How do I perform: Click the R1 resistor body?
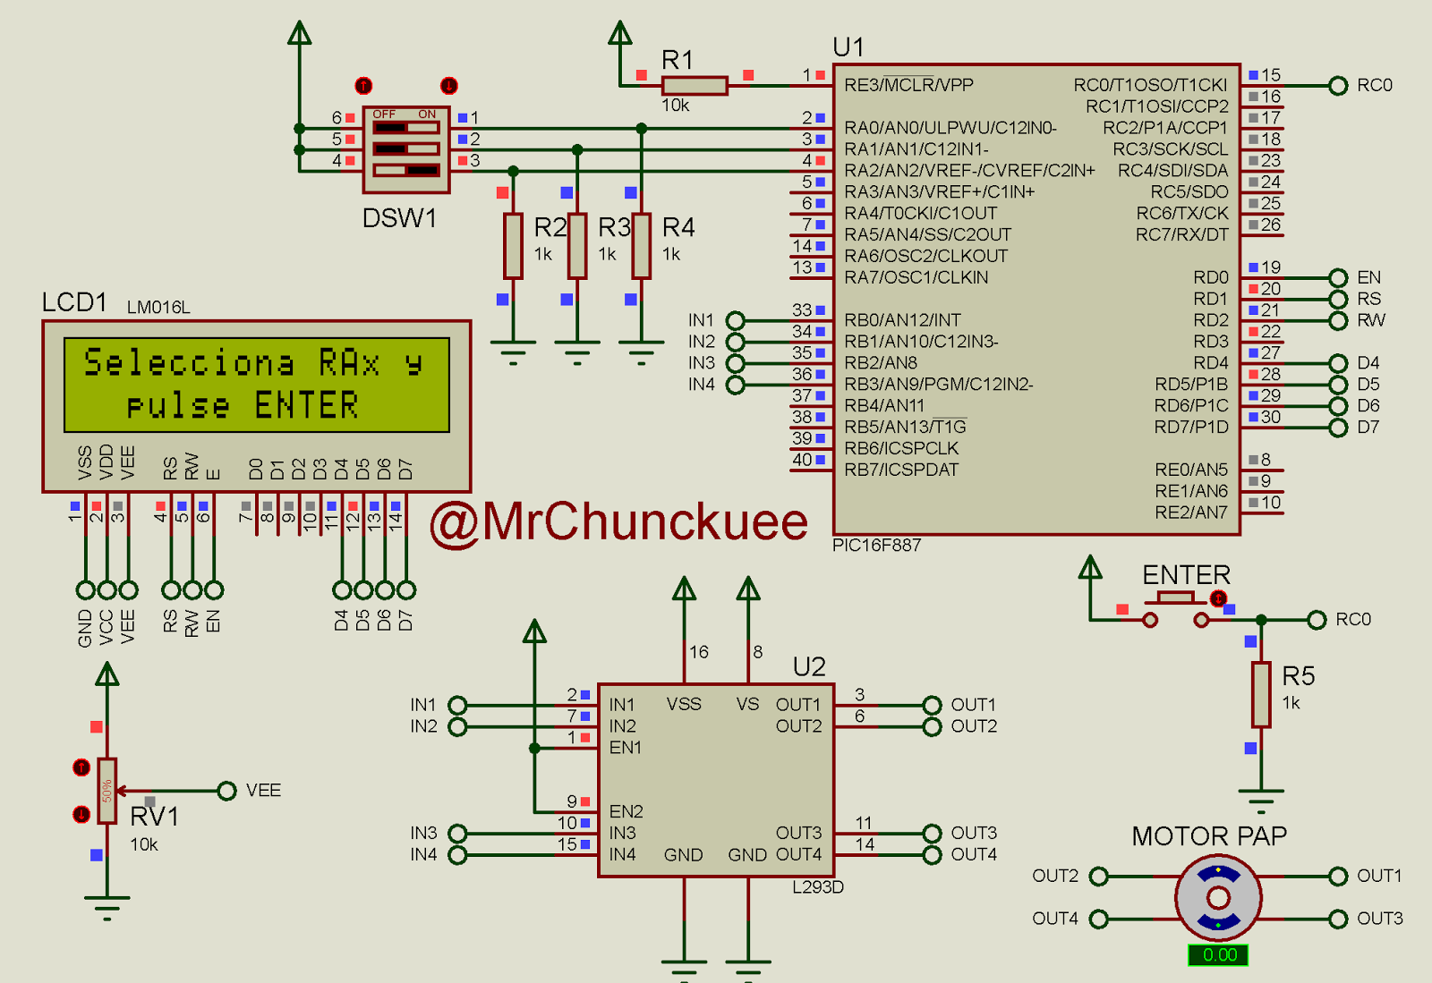695,86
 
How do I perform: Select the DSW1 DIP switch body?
406,149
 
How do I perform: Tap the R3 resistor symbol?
577,246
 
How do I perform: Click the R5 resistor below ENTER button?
1261,694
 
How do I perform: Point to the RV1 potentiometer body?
107,791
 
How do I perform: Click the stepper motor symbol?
1218,897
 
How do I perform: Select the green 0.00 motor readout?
1218,955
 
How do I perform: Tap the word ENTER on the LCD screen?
306,405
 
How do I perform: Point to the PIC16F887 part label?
876,546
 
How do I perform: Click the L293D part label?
818,887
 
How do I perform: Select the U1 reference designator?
848,47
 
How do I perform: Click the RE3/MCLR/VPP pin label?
908,85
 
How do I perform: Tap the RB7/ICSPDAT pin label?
901,470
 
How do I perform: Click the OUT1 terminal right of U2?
932,705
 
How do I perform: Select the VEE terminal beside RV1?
227,791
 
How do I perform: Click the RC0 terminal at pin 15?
1338,86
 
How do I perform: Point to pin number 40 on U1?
802,460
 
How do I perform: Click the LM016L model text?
158,308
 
